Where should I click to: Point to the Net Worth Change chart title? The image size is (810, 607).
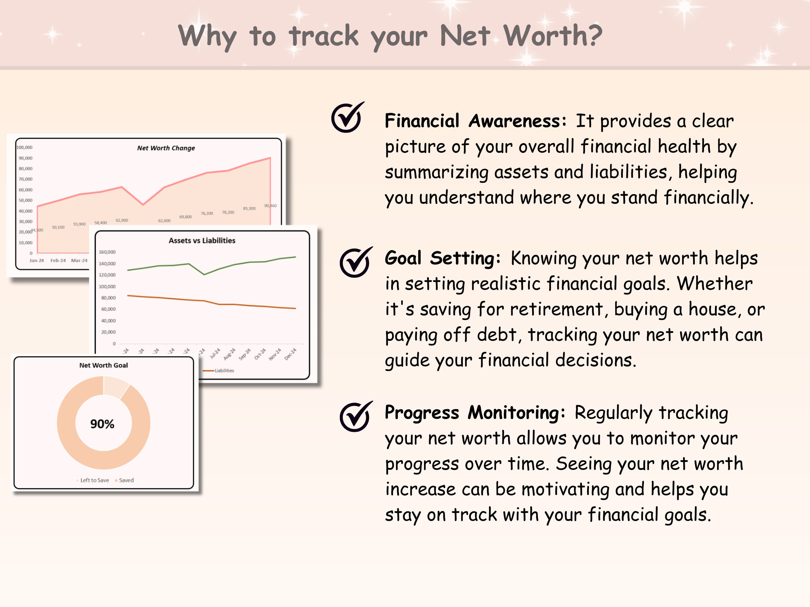[x=166, y=148]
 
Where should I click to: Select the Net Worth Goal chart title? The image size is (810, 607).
[x=104, y=365]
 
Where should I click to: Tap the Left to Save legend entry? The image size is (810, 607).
[x=94, y=480]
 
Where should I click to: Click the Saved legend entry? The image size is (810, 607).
[x=126, y=480]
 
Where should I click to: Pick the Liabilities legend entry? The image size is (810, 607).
[x=224, y=371]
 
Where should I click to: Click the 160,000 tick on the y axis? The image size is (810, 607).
[x=107, y=252]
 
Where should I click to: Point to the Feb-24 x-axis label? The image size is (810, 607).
[x=58, y=260]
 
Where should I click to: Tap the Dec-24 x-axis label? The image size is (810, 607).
[x=290, y=354]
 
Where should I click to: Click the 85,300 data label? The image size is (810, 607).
[x=249, y=209]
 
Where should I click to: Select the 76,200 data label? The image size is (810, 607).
[x=207, y=213]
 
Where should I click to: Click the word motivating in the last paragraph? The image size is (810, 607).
[x=564, y=489]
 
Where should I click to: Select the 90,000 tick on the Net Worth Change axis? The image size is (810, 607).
[x=26, y=158]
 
